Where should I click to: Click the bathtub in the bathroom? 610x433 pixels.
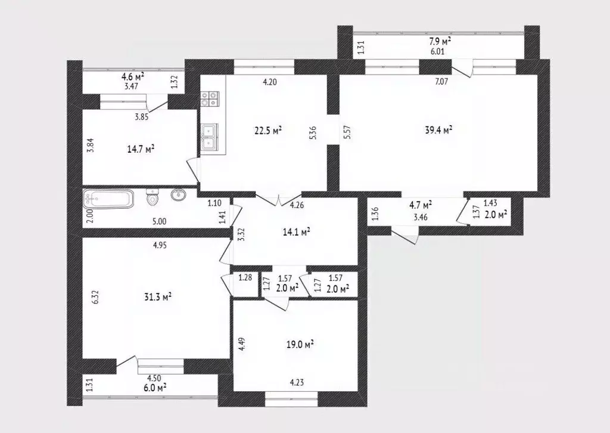point(109,198)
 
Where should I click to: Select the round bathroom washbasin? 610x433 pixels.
point(178,195)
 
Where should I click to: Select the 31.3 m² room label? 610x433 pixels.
point(158,296)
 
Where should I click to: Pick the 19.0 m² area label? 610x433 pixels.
point(300,344)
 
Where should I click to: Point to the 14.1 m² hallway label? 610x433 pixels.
point(296,232)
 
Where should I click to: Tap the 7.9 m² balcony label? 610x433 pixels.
point(440,41)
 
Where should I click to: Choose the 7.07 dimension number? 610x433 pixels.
point(441,82)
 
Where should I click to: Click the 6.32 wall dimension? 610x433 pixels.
point(94,296)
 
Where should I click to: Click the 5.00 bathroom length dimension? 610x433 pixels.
point(159,221)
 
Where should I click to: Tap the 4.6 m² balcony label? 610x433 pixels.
point(132,76)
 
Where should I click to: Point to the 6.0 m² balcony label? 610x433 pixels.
point(154,386)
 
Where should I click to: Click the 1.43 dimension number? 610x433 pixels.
point(490,203)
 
